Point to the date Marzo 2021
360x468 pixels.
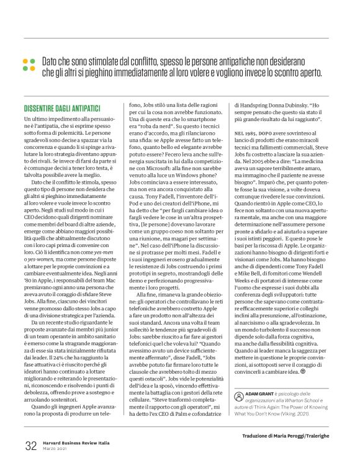point(54,449)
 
